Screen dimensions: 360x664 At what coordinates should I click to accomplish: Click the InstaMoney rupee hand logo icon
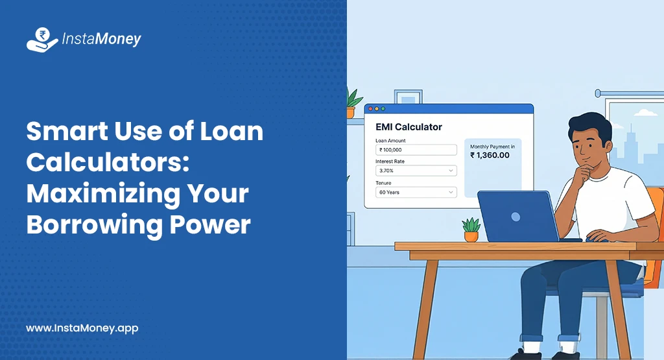42,40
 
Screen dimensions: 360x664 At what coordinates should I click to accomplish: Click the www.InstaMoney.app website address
82,328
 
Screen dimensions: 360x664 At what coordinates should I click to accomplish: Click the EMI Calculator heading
409,127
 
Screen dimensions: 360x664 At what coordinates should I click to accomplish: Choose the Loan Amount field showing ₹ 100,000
416,150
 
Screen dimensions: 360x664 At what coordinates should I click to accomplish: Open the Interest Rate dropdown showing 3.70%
416,171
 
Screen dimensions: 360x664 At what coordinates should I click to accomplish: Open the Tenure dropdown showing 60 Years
416,193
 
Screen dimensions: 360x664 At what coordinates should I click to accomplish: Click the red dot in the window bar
368,109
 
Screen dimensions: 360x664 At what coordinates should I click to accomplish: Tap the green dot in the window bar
383,109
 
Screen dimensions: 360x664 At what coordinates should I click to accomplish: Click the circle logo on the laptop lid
516,216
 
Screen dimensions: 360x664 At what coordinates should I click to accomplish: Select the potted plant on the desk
471,230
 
